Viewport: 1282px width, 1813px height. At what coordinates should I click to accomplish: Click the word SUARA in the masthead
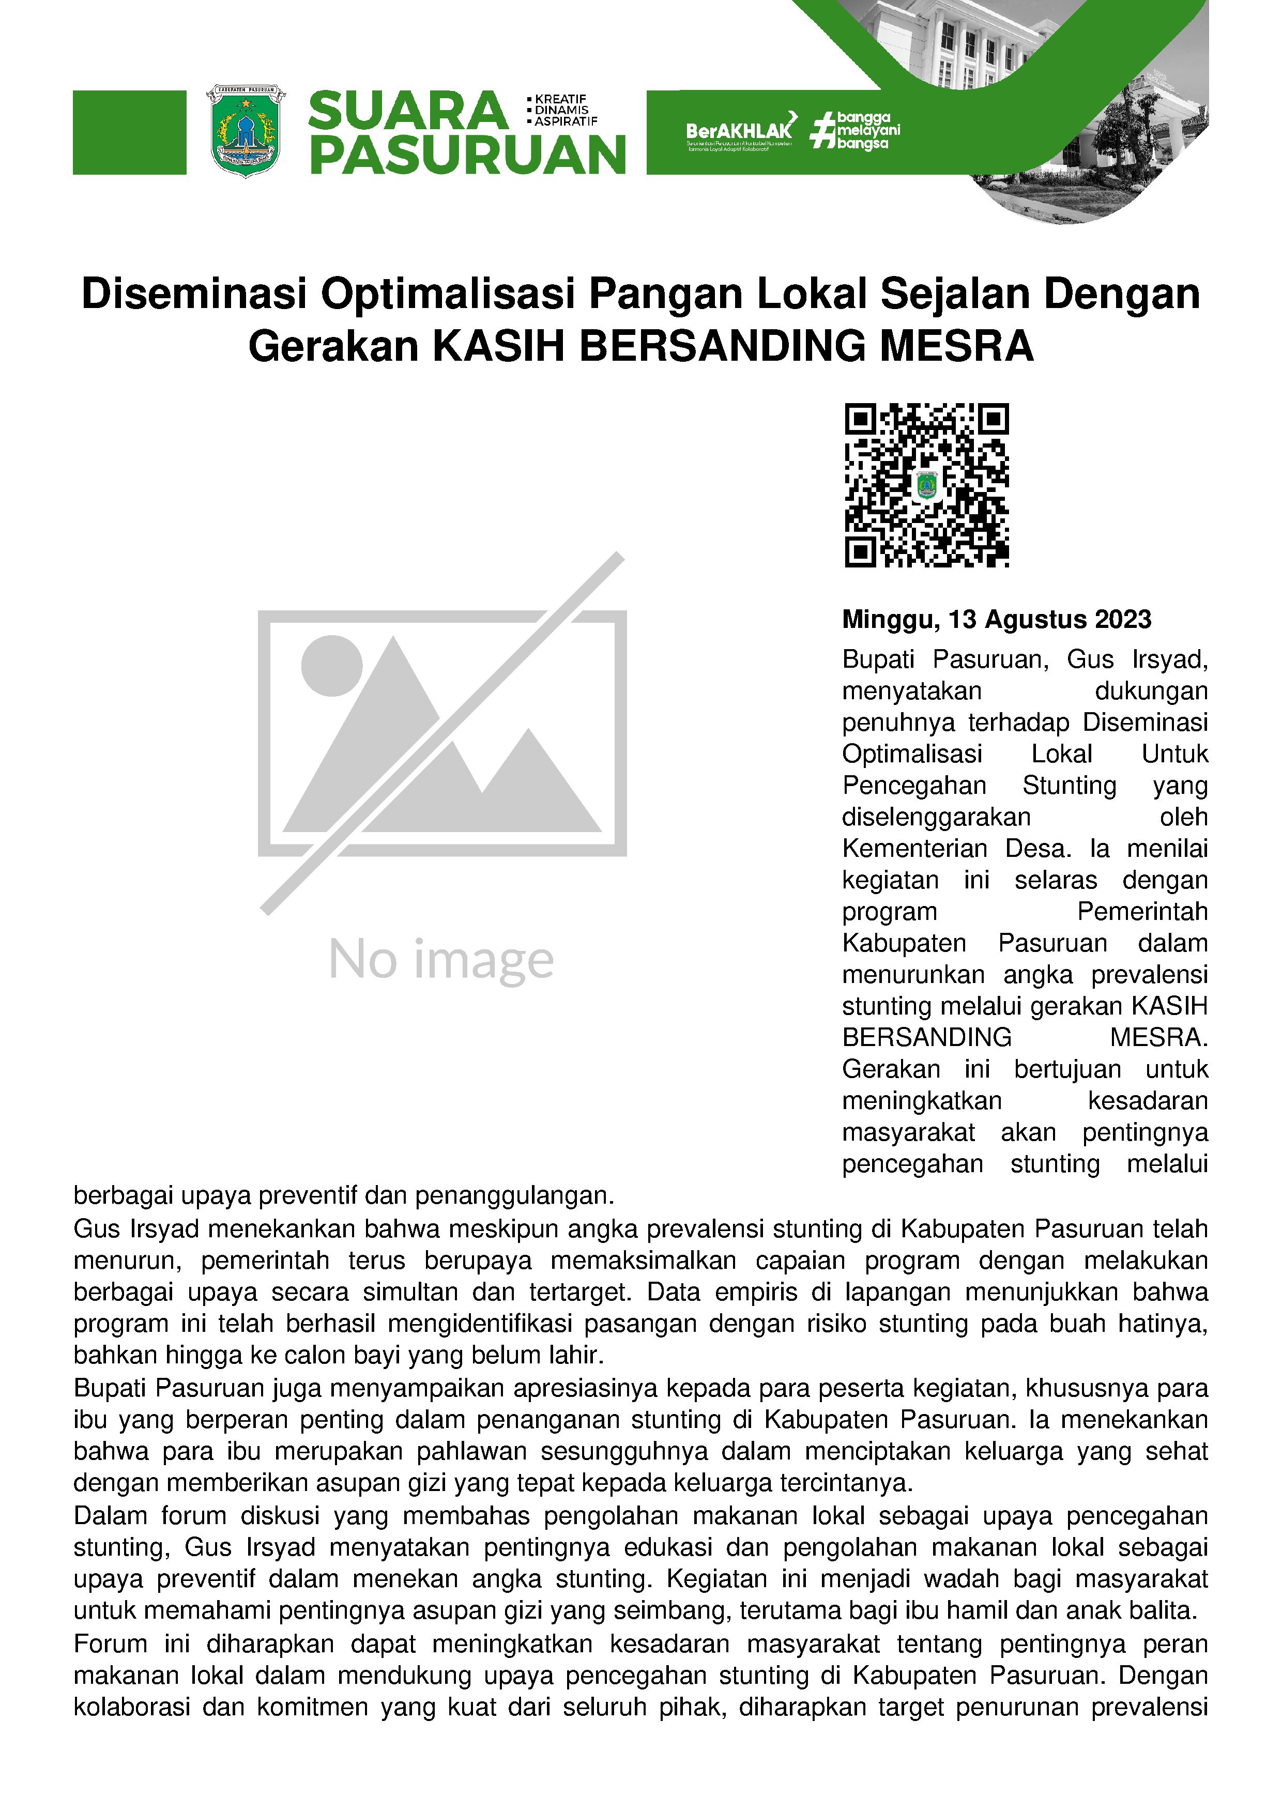click(x=407, y=111)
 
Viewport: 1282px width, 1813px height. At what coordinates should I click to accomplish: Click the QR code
click(x=926, y=485)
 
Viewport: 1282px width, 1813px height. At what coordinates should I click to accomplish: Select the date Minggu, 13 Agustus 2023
click(x=996, y=619)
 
